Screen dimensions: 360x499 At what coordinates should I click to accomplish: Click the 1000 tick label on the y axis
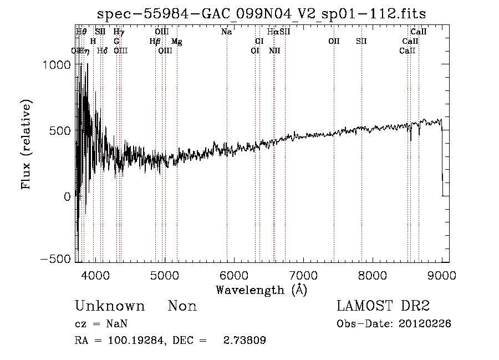[56, 64]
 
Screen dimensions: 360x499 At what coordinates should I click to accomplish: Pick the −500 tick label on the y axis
[56, 259]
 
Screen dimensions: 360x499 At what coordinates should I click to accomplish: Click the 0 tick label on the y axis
[67, 196]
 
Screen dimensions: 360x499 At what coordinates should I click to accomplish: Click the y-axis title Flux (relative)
[27, 144]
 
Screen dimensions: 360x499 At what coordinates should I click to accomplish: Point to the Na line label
[226, 32]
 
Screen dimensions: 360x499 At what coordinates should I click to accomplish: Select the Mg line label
[176, 42]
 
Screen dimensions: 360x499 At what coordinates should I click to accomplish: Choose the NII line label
[274, 51]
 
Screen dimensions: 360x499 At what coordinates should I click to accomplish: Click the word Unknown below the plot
[110, 306]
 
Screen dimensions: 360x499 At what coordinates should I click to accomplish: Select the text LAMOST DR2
[383, 306]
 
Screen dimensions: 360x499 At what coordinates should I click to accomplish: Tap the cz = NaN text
[102, 324]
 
